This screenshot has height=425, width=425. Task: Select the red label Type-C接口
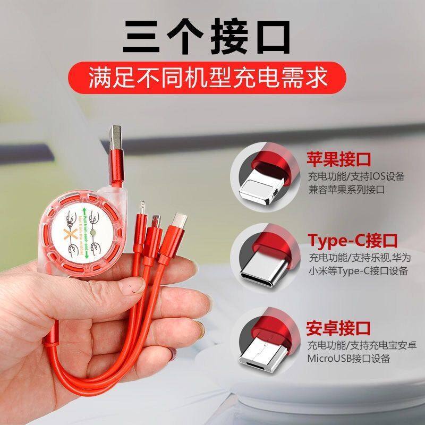pyautogui.click(x=353, y=240)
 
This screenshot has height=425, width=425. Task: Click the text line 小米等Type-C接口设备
pyautogui.click(x=358, y=271)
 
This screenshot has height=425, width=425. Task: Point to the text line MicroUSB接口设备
pyautogui.click(x=348, y=358)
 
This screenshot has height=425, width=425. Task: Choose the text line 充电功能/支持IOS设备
pyautogui.click(x=356, y=176)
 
